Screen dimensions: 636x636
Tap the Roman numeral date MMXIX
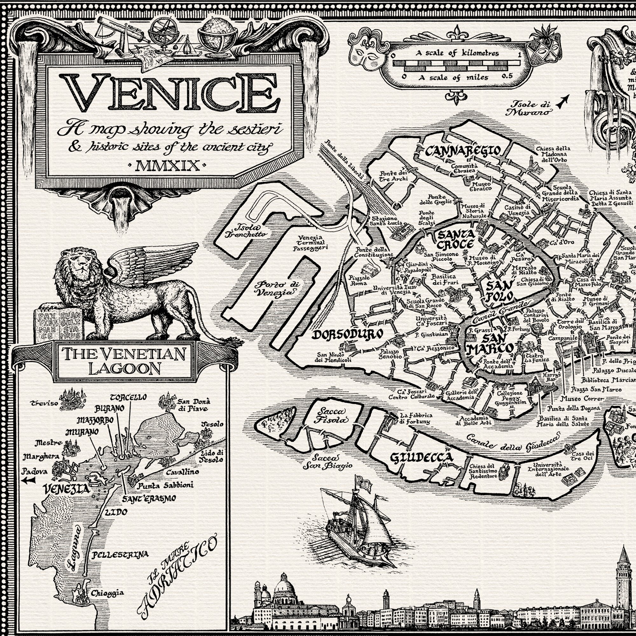tap(168, 166)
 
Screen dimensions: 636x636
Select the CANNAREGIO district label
tap(463, 151)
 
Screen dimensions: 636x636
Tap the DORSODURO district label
tap(347, 335)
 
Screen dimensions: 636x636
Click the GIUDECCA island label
tap(421, 458)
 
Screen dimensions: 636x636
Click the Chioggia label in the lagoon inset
tap(107, 593)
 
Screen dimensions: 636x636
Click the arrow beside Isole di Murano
tap(563, 101)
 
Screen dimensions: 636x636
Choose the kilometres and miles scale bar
tap(456, 65)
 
